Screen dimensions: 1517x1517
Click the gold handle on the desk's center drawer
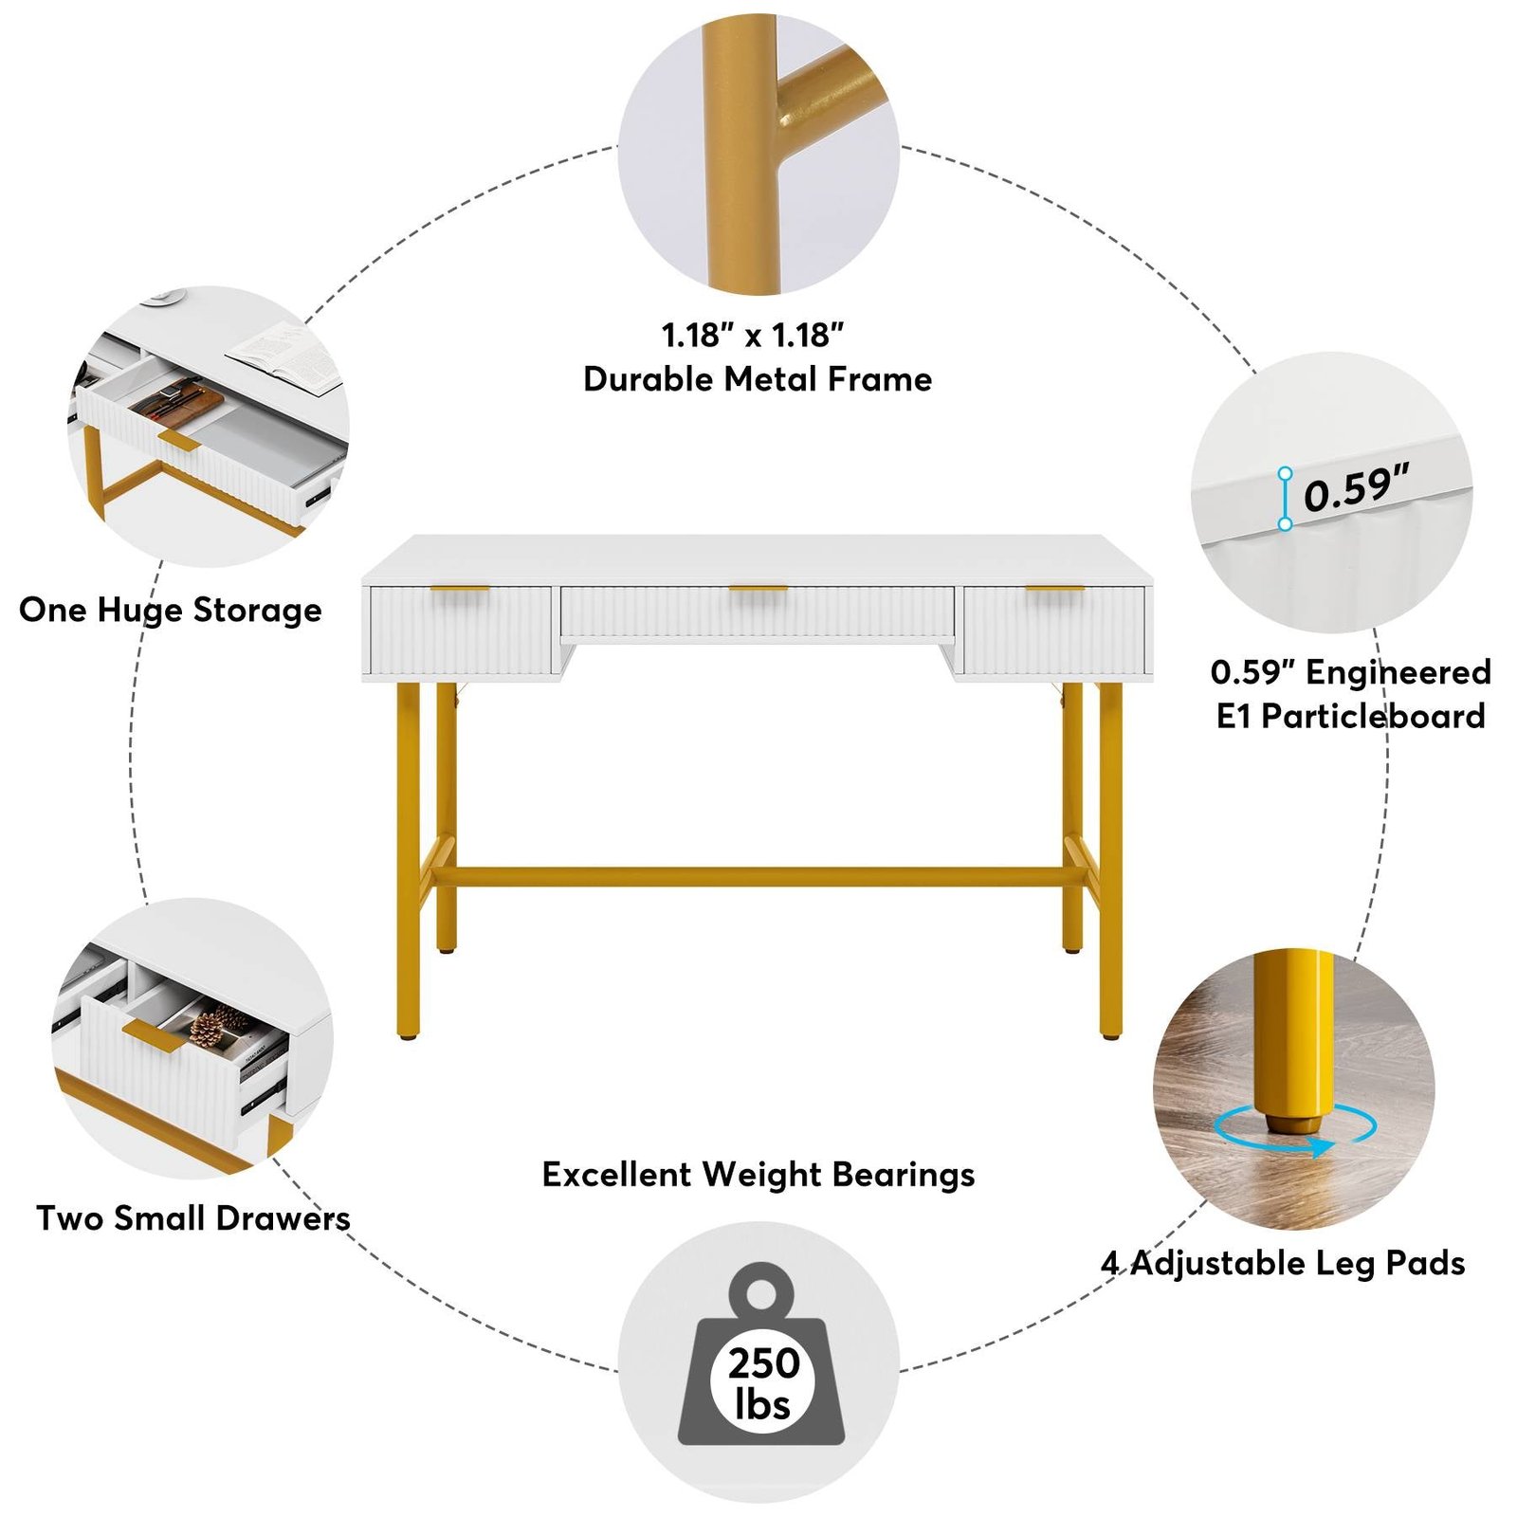point(758,589)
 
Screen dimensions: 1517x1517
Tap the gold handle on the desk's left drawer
point(460,589)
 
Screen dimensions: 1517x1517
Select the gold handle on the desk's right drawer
point(1055,589)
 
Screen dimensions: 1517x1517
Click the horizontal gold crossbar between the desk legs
point(758,877)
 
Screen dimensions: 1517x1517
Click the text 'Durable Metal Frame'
point(758,379)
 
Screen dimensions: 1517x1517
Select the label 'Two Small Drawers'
point(193,1218)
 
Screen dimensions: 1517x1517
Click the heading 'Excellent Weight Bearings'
point(758,1175)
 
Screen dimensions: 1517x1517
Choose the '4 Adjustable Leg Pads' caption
point(1283,1263)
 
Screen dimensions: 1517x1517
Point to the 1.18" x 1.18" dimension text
point(753,335)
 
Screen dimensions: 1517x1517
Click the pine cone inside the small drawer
point(218,1026)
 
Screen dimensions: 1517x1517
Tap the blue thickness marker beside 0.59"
point(1285,498)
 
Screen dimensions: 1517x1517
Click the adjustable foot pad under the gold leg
point(1293,1123)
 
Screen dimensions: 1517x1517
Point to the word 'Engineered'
point(1398,672)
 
